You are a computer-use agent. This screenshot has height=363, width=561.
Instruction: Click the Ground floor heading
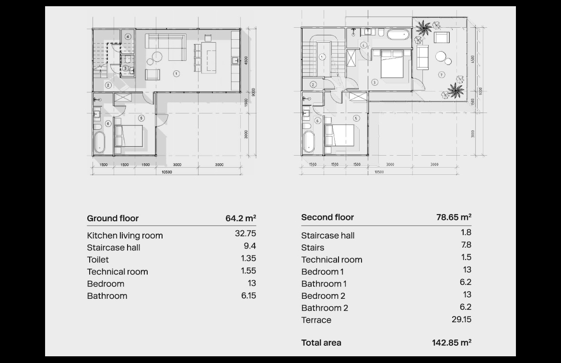coord(113,218)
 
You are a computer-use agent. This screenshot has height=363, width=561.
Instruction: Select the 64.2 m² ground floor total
coord(241,218)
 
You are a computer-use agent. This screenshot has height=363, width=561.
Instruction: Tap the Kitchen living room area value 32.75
coord(245,233)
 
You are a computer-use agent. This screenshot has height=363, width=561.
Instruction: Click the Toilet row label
coord(98,260)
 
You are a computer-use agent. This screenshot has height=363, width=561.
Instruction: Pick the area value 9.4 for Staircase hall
coord(250,246)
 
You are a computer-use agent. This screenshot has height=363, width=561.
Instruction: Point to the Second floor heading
coord(327,217)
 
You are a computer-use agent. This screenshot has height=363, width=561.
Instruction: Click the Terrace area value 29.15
coord(462,319)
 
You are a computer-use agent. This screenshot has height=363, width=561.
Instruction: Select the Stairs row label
coord(313,248)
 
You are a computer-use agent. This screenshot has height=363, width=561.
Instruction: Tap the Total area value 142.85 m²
coord(452,342)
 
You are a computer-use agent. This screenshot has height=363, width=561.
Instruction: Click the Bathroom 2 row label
coord(325,308)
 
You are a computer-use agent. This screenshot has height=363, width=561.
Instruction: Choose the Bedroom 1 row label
coord(322,272)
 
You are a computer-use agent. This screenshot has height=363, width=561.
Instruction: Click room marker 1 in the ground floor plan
coord(176,74)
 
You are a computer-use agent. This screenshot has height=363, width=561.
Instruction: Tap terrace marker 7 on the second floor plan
coord(442,75)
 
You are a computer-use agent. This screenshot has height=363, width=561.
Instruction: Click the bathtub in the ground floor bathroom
coord(99,143)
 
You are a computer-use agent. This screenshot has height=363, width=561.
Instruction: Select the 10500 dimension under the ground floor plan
coord(167,172)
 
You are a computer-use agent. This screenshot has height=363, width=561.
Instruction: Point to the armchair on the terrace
coord(442,37)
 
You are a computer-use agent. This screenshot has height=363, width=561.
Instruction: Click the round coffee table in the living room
coord(157,57)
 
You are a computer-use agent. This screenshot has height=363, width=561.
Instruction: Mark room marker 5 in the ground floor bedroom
coord(141,118)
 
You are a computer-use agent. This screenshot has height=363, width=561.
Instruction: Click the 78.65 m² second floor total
coord(454,217)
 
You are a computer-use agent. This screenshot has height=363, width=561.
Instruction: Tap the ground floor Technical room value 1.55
coord(248,271)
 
